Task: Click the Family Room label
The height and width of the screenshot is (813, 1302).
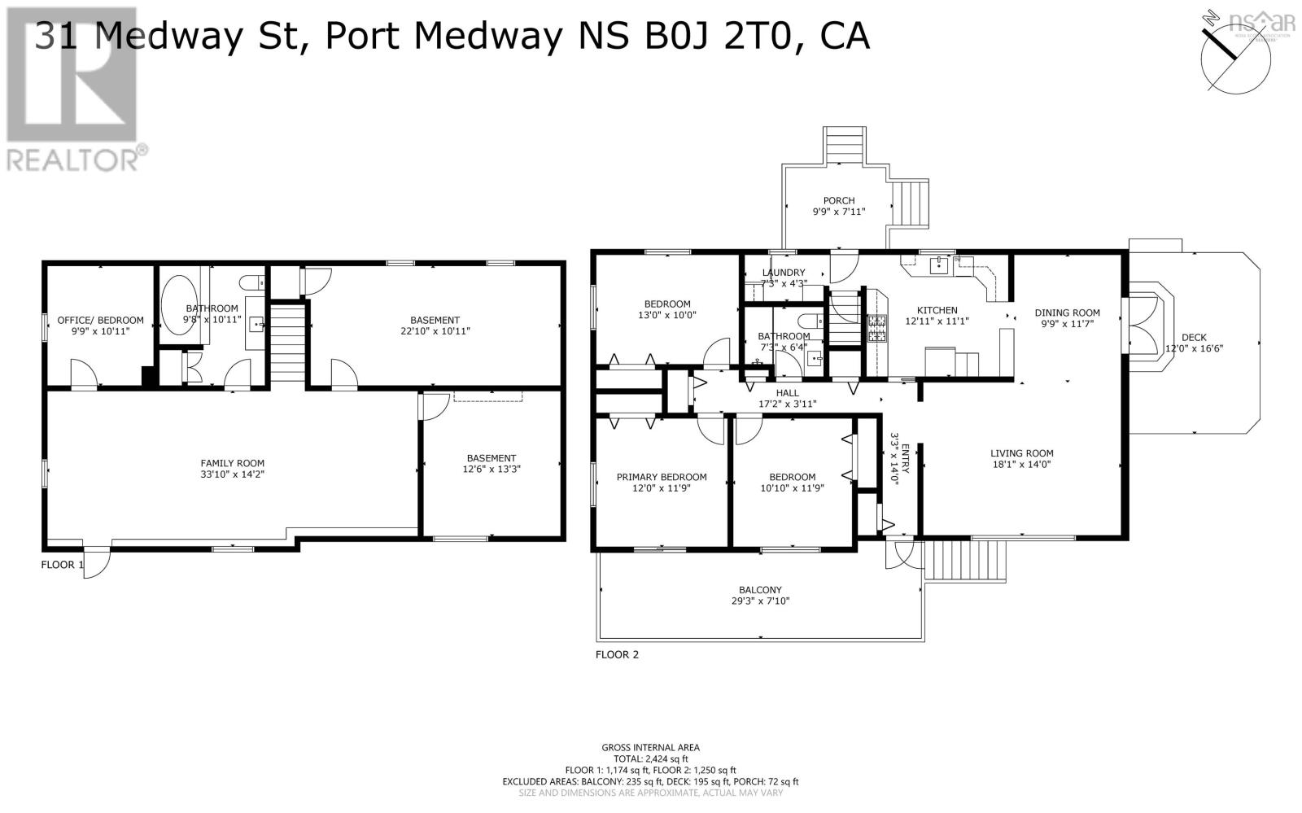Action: pos(233,463)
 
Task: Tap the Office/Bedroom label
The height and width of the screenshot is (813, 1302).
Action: pos(100,320)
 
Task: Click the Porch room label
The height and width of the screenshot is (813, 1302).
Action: pos(838,200)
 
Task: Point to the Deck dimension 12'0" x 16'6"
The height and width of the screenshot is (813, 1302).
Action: pos(1194,348)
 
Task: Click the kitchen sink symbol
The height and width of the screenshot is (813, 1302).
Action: pos(940,264)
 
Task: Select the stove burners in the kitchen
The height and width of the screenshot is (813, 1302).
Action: pos(876,327)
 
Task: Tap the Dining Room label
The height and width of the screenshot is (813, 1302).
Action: pos(1067,313)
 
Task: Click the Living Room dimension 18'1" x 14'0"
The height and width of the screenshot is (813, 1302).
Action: pos(1021,465)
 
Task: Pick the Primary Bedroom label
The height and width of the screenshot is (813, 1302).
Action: pos(661,477)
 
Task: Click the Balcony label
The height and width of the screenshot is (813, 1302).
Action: pos(760,590)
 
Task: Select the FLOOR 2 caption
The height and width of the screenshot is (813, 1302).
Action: pos(617,654)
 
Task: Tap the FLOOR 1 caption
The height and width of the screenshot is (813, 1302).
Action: pos(62,565)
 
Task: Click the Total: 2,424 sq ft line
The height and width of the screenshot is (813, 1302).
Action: pos(650,758)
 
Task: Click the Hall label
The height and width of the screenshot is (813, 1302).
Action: pos(787,393)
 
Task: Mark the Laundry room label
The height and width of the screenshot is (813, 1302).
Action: pos(783,273)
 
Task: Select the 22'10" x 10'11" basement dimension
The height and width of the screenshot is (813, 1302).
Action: pos(435,331)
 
